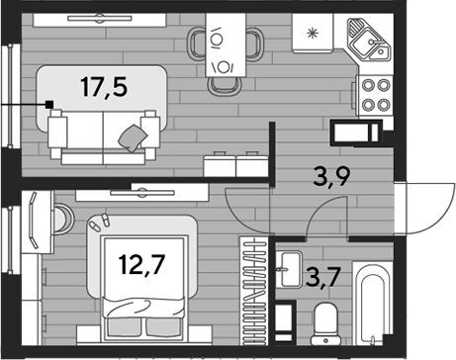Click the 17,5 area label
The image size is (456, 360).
coord(104,87)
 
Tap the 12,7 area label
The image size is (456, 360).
coord(142,265)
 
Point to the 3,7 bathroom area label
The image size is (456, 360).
coord(322,278)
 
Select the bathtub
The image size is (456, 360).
coord(373,303)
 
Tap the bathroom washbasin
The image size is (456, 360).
coord(289,269)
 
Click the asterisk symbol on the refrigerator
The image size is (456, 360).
coord(312,34)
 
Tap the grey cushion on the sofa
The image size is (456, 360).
coord(133,137)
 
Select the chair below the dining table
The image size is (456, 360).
coord(225,86)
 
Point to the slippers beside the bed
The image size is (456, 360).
coord(100,223)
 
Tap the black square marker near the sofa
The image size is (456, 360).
coord(49,105)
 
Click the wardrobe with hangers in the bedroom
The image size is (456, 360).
coord(253,291)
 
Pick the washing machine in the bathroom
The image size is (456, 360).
coord(284,320)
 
